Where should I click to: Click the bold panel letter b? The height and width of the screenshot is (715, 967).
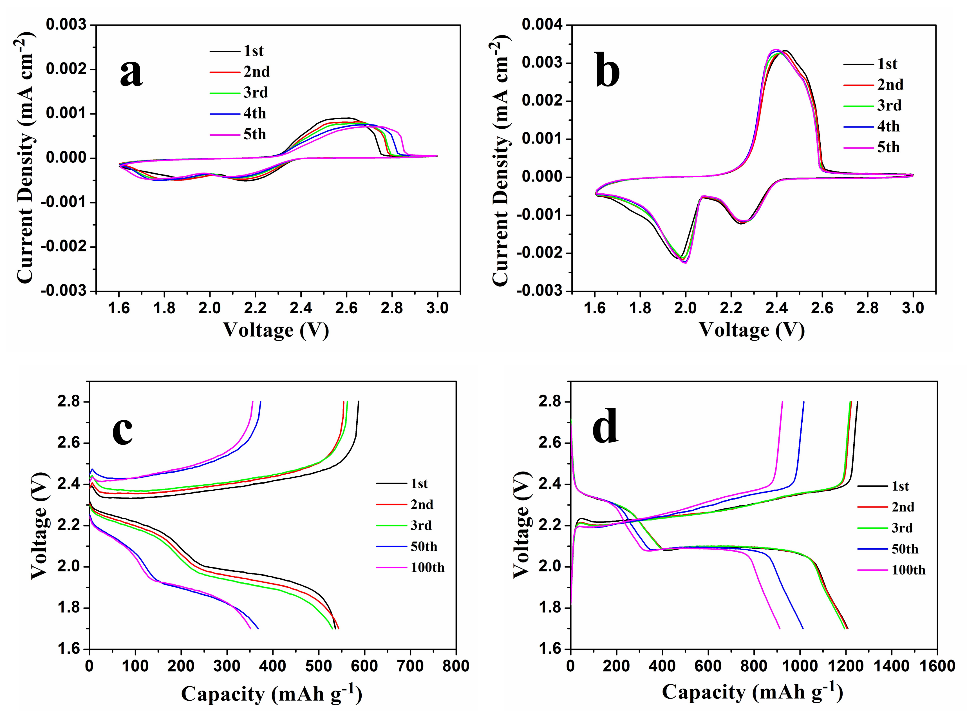click(x=607, y=69)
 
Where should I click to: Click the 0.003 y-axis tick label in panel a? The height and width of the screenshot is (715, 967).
click(x=66, y=25)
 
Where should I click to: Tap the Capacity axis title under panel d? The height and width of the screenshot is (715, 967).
click(x=752, y=692)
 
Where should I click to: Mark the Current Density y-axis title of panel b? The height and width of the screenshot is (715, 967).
click(x=501, y=164)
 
